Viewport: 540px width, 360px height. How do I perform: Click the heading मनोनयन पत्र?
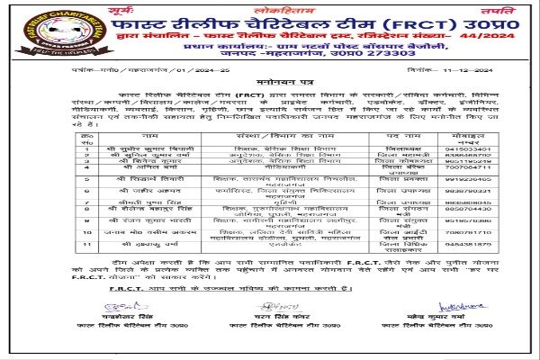tap(266, 107)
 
